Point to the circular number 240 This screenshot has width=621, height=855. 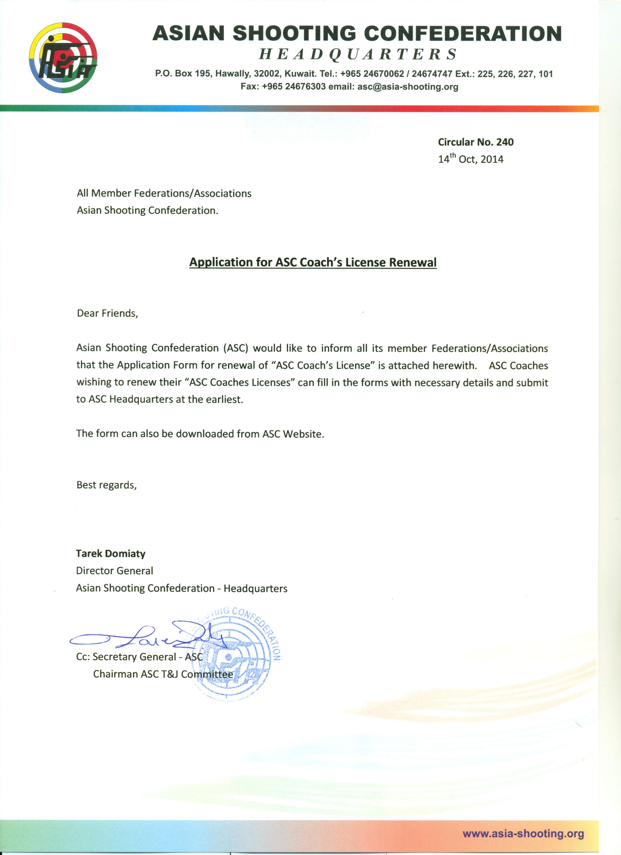[x=505, y=142]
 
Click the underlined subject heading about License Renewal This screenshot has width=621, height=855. [x=313, y=262]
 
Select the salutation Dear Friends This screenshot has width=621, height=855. [x=107, y=313]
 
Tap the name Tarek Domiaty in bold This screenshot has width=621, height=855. [x=110, y=553]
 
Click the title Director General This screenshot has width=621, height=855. [x=114, y=571]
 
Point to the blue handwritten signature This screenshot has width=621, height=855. [x=147, y=637]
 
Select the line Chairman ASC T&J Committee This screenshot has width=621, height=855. [x=163, y=674]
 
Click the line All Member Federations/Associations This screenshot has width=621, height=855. [x=164, y=193]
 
